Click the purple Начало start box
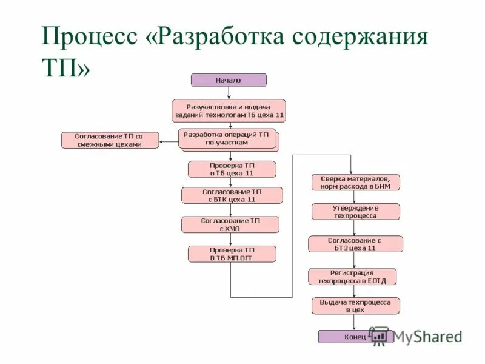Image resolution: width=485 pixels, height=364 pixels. (229, 80)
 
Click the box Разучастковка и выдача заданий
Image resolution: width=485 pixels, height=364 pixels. (229, 110)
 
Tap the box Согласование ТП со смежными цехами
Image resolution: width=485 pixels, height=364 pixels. (110, 140)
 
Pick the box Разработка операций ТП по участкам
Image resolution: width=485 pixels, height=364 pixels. (227, 138)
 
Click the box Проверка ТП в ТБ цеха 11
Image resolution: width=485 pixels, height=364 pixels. (232, 169)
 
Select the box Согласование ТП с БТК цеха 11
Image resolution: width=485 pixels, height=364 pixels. (232, 195)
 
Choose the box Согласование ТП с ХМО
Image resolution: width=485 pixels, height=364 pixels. (230, 224)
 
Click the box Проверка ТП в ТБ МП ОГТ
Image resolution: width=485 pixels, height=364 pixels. (232, 254)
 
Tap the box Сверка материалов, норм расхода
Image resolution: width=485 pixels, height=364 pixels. (356, 182)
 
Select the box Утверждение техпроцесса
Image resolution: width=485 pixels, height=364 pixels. (356, 211)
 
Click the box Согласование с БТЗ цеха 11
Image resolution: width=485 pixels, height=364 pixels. (355, 244)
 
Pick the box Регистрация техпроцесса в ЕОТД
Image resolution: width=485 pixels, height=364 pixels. (352, 277)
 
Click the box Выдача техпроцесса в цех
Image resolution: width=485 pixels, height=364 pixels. (356, 305)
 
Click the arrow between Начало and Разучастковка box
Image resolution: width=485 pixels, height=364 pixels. (229, 93)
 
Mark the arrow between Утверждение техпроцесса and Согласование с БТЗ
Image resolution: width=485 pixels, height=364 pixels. (356, 227)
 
